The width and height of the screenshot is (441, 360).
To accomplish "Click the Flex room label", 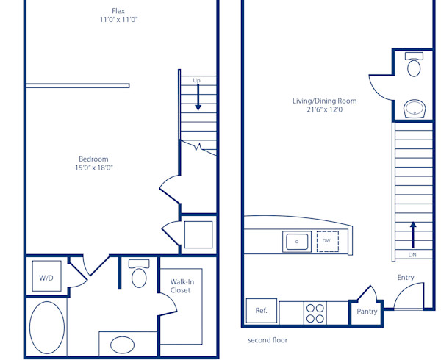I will click(118, 10).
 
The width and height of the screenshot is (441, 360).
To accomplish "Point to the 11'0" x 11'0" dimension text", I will click(118, 20).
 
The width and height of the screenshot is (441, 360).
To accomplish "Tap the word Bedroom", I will click(93, 159).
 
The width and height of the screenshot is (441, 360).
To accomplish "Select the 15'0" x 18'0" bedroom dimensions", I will click(93, 168).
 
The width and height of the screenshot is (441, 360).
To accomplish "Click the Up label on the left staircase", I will click(197, 80).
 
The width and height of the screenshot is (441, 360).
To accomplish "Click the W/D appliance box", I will click(46, 277).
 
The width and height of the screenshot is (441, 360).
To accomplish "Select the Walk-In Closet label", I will click(181, 286).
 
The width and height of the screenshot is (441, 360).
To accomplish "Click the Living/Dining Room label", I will click(324, 101).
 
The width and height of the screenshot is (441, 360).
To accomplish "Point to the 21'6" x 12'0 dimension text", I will click(324, 110).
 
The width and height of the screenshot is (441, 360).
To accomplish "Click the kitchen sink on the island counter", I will click(297, 240).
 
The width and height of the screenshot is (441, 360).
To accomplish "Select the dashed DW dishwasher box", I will click(327, 241).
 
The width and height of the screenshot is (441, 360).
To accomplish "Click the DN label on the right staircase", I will click(413, 255).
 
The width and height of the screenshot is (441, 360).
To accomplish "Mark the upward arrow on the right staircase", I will click(413, 234).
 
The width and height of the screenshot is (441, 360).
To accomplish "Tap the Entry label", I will click(405, 277).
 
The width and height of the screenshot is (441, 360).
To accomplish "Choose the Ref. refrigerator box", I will click(262, 311).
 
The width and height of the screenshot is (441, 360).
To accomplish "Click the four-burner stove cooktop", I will click(315, 314).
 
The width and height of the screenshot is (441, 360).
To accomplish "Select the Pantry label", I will click(367, 312).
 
